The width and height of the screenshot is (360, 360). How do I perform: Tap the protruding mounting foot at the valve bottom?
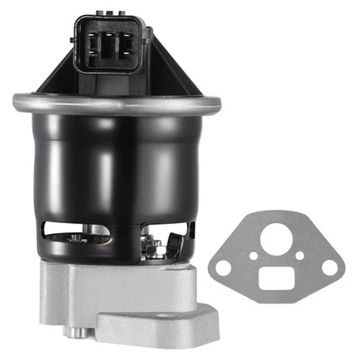[157, 324]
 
